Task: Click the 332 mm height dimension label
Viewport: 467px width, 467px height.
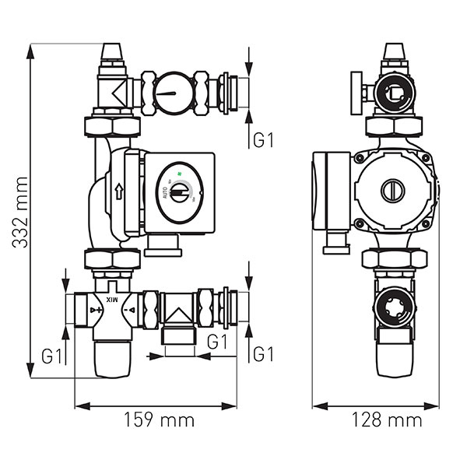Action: pyautogui.click(x=19, y=212)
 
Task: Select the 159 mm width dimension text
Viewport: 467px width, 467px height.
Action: pyautogui.click(x=159, y=421)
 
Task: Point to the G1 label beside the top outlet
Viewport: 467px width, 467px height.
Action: pyautogui.click(x=264, y=141)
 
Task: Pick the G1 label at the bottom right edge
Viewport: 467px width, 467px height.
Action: pyautogui.click(x=264, y=355)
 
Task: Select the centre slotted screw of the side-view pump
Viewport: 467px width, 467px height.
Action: pyautogui.click(x=392, y=190)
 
